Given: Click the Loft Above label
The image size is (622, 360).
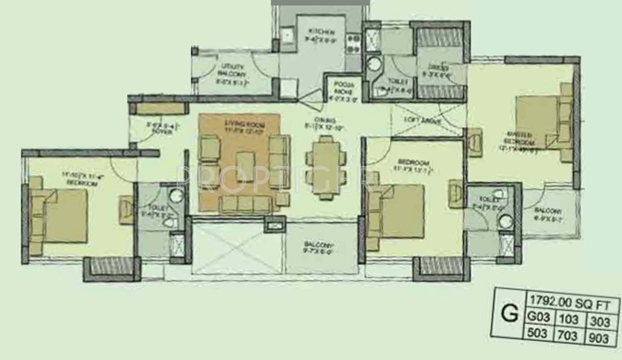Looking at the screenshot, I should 426,121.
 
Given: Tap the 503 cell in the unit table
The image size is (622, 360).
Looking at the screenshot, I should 537,333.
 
